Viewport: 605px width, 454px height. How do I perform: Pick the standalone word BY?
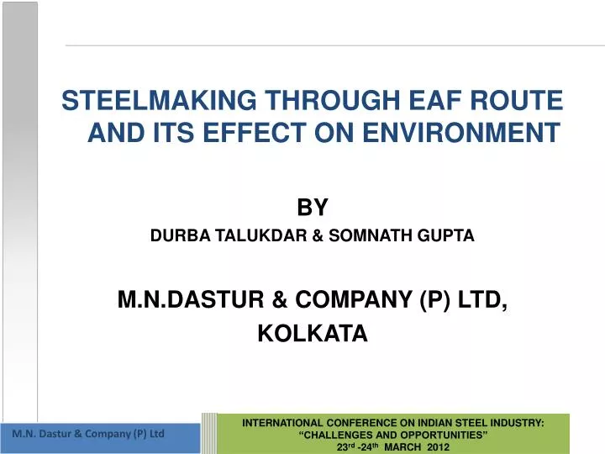tap(312, 207)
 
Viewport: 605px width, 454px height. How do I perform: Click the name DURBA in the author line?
tap(172, 237)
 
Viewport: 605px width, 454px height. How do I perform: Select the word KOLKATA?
tap(312, 334)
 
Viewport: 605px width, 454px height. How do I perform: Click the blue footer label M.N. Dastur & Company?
tap(87, 434)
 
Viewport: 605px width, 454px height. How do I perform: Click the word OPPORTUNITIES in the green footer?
tap(443, 436)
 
